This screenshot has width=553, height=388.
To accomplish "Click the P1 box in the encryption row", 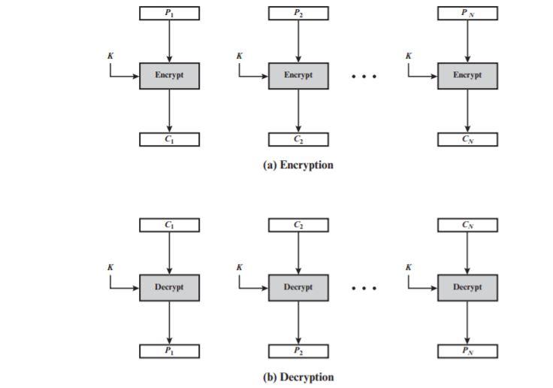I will pos(169,13).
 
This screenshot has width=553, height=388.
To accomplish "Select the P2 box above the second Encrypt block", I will pos(298,13).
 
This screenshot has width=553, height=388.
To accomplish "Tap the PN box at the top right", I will pos(467,13).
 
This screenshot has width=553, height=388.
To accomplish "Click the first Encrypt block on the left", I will pos(169,76).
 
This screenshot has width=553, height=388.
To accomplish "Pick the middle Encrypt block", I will pos(298,76).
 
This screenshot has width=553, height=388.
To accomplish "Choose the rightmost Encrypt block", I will pos(467,76).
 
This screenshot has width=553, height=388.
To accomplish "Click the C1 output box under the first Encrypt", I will pos(169,139).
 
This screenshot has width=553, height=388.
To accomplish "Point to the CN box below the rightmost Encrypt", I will pos(467,139).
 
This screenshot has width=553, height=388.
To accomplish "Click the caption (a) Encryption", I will pos(298,165).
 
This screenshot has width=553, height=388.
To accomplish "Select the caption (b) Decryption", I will pos(298,377).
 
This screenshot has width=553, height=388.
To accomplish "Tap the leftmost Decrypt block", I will pos(169,287).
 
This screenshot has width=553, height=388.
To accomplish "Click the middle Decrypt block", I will pos(298,287).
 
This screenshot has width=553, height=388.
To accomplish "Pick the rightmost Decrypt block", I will pos(467,287).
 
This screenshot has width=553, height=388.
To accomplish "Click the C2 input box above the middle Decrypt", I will pos(298,225).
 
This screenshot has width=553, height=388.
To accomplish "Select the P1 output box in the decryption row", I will pos(169,351).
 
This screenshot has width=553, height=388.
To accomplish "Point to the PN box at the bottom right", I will pos(467,351).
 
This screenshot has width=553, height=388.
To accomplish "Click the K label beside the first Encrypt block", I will pos(110,56).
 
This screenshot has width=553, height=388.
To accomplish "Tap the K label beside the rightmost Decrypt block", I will pos(409,267).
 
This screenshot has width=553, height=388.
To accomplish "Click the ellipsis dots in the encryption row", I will pos(364,77).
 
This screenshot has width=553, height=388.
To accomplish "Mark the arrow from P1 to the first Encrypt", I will pos(169,41).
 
